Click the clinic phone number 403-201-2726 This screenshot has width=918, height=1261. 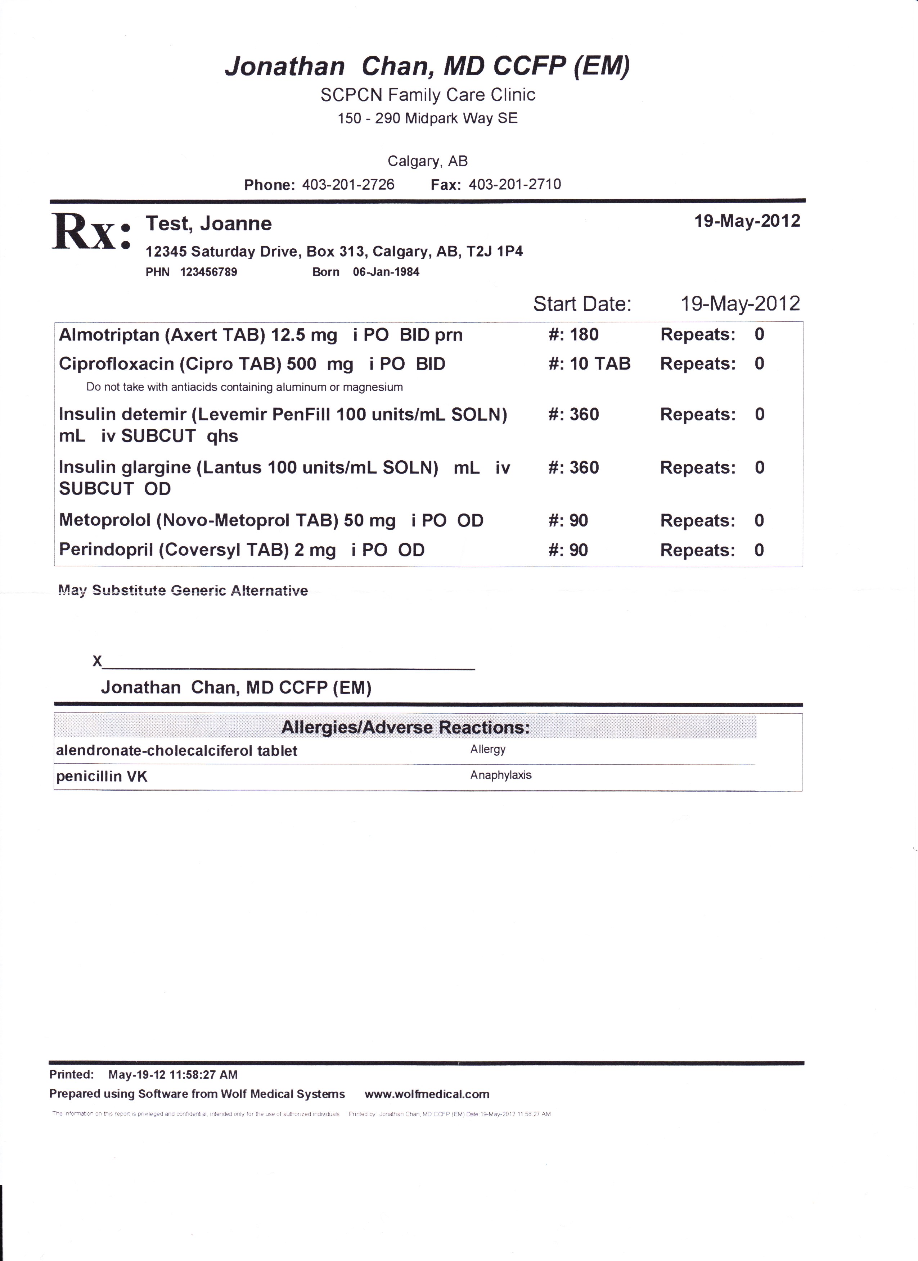pos(348,185)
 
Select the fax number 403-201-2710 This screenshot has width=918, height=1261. pos(515,185)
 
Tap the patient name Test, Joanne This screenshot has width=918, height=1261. pos(208,223)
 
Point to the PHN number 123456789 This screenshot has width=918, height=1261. pos(208,272)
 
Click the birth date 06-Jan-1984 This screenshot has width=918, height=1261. pos(386,272)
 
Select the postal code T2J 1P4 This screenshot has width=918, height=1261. pos(494,251)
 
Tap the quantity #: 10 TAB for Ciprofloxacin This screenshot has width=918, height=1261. pos(589,363)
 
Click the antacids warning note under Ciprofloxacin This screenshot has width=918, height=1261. pos(245,387)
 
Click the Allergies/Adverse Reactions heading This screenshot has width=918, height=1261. pos(405,727)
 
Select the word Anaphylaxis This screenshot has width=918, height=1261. pos(500,775)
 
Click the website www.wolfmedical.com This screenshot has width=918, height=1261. pos(427,1094)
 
